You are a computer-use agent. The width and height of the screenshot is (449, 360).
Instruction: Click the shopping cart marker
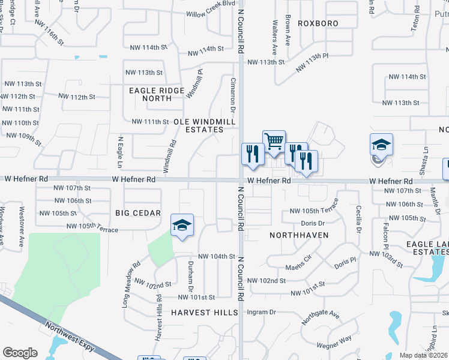tap(274, 142)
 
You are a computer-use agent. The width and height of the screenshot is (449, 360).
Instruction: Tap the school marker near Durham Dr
tap(182, 226)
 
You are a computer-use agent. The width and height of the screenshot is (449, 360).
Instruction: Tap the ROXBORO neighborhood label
tap(317, 23)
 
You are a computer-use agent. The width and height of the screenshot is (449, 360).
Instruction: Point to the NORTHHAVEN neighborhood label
tap(298, 235)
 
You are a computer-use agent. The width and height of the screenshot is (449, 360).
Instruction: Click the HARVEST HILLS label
tap(200, 313)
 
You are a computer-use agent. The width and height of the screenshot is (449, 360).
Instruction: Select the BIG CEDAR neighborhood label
tap(138, 213)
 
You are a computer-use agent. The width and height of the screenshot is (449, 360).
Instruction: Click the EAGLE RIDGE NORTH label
tap(151, 94)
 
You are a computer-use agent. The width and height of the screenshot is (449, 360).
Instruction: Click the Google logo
tap(20, 353)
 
